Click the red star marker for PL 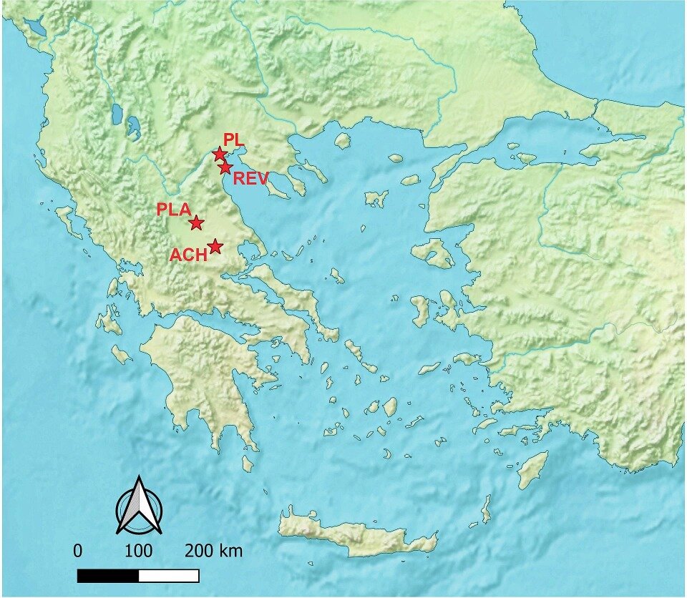tap(219, 154)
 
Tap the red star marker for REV tap(225, 167)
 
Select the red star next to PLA tap(196, 222)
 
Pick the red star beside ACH tap(215, 247)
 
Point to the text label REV tap(250, 179)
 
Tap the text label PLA tap(173, 210)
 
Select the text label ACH tap(188, 255)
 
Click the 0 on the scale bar tap(77, 552)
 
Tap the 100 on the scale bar tap(138, 552)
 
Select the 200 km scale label tap(213, 552)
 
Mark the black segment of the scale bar tap(107, 575)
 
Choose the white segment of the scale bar tap(169, 575)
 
